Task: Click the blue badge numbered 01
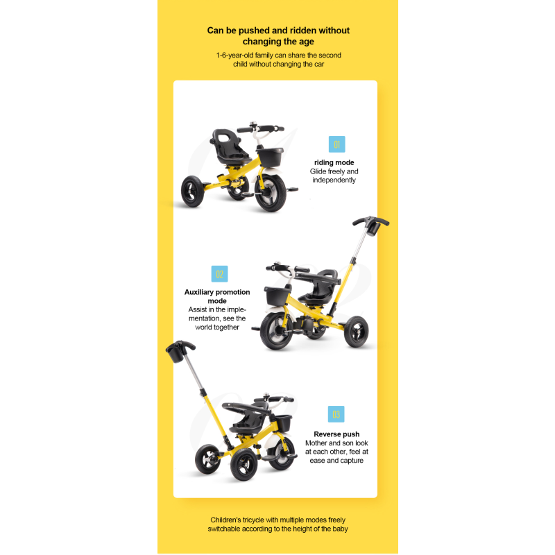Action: [336, 144]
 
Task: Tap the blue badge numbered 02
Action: [219, 273]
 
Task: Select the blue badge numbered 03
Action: [336, 414]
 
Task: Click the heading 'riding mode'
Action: [334, 163]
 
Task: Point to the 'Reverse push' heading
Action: [336, 434]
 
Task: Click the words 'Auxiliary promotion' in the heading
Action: [217, 292]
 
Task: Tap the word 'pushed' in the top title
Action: [253, 31]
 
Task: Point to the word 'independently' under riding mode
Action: [334, 180]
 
